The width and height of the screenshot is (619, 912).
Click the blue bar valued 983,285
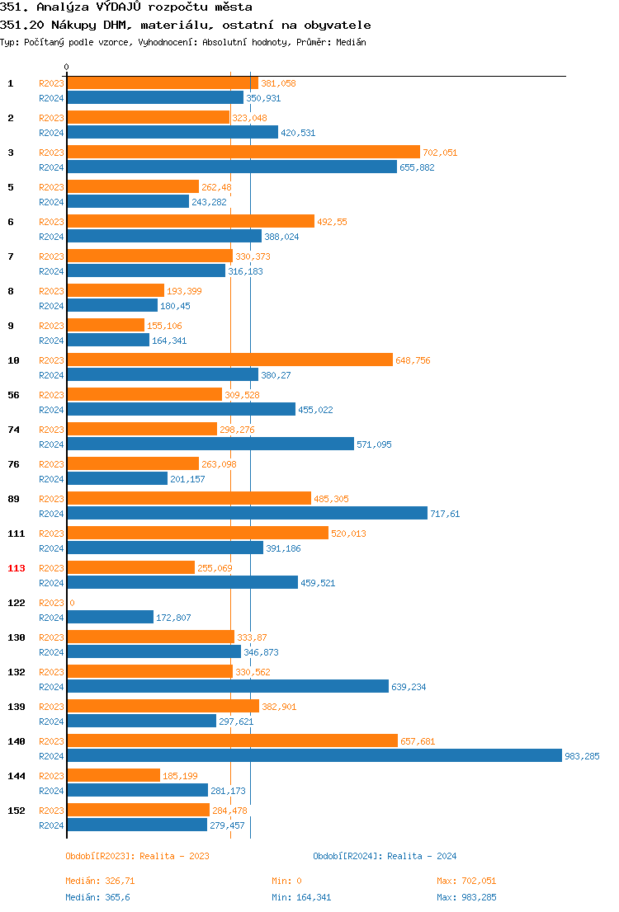314,755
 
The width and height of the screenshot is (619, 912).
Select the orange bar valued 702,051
243,152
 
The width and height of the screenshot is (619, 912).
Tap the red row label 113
17,568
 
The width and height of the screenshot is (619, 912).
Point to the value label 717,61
445,514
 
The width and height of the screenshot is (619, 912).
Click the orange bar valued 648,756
229,360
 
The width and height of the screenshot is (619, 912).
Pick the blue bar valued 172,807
110,617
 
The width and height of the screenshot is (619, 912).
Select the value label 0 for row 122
72,603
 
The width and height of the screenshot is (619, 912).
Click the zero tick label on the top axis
67,67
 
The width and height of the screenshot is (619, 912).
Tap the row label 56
13,395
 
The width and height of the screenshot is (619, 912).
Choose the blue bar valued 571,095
210,444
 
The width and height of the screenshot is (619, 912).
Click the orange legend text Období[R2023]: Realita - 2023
137,856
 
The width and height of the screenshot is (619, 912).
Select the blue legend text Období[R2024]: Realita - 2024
385,856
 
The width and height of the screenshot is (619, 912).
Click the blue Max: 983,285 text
466,897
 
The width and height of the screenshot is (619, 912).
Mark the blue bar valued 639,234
228,686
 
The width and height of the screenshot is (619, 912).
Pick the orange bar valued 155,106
106,325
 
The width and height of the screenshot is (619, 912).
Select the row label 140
17,741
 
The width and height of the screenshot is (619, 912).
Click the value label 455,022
315,410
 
